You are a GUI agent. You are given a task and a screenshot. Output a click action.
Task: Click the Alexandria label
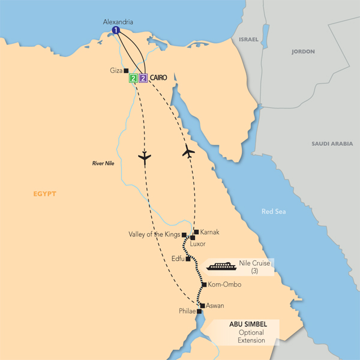click(118, 22)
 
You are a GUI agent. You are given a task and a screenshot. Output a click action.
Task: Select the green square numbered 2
click(133, 78)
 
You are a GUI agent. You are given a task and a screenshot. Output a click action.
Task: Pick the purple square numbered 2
click(143, 78)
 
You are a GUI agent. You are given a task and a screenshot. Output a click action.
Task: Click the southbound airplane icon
click(144, 158)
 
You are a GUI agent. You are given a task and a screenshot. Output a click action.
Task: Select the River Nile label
click(104, 163)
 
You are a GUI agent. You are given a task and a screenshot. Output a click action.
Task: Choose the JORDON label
click(302, 52)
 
